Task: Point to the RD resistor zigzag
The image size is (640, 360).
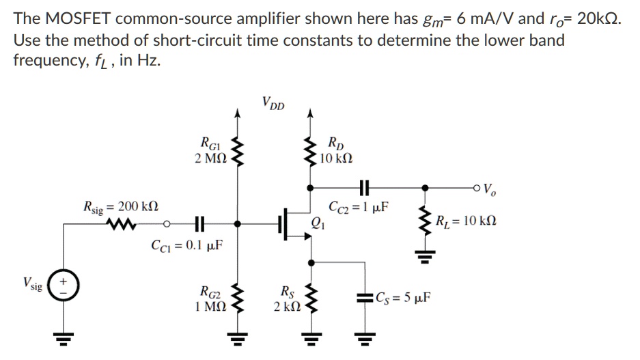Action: (311, 152)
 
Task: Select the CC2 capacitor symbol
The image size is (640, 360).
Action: (362, 186)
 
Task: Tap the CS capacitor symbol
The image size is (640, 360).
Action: (362, 299)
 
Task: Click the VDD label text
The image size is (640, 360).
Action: (273, 105)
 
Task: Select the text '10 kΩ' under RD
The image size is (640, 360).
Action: (336, 159)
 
